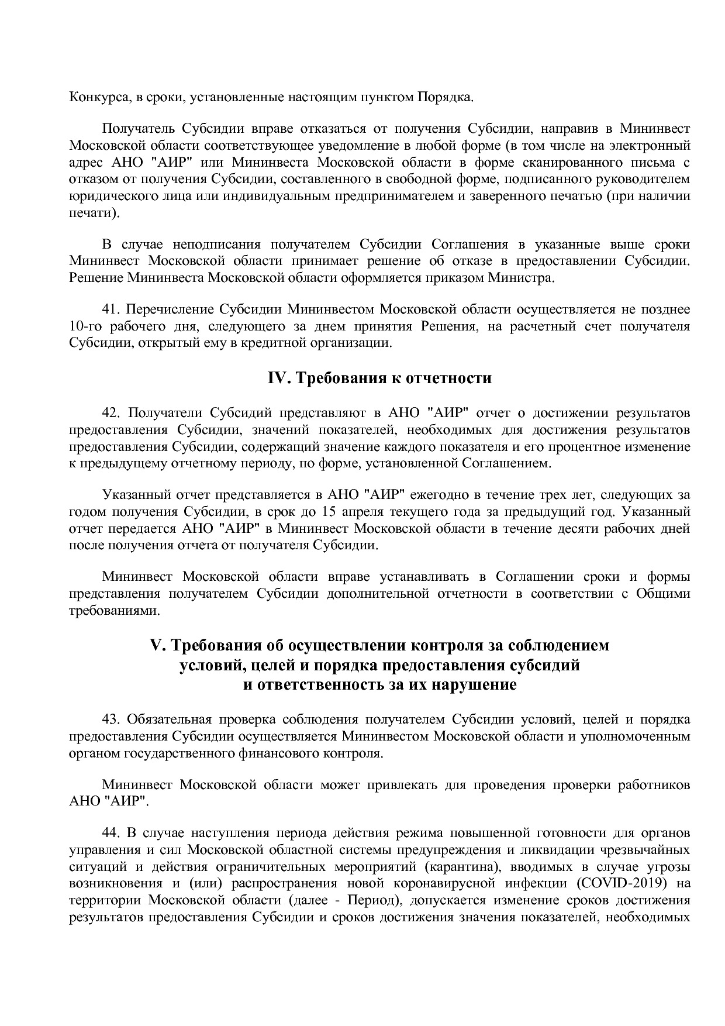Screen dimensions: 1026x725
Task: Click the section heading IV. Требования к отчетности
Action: pos(379,378)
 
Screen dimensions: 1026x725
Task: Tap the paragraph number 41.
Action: pos(111,309)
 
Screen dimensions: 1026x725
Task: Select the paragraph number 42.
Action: pos(111,413)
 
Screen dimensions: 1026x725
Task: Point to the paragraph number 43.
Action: pos(111,719)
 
